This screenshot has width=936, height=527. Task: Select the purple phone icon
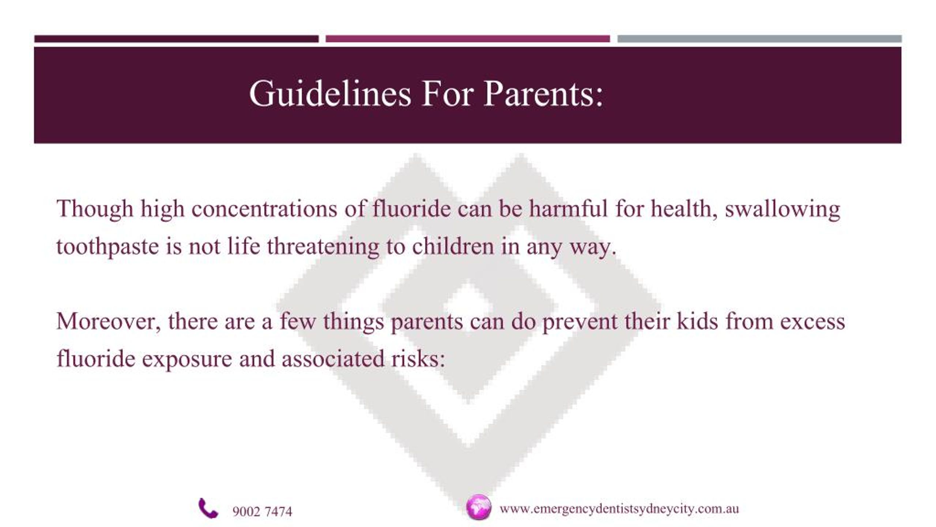[x=208, y=508]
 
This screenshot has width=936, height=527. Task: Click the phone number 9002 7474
[x=262, y=512]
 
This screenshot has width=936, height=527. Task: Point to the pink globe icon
[x=479, y=507]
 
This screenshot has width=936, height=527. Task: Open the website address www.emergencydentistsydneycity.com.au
[x=619, y=509]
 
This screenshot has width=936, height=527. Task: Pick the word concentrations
[x=264, y=209]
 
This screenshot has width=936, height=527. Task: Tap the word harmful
[x=568, y=209]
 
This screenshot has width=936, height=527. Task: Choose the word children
[x=453, y=246]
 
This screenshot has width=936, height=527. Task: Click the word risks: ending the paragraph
[x=418, y=358]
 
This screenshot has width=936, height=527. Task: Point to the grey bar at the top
[x=759, y=39]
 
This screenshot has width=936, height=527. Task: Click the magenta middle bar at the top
[x=468, y=39]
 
